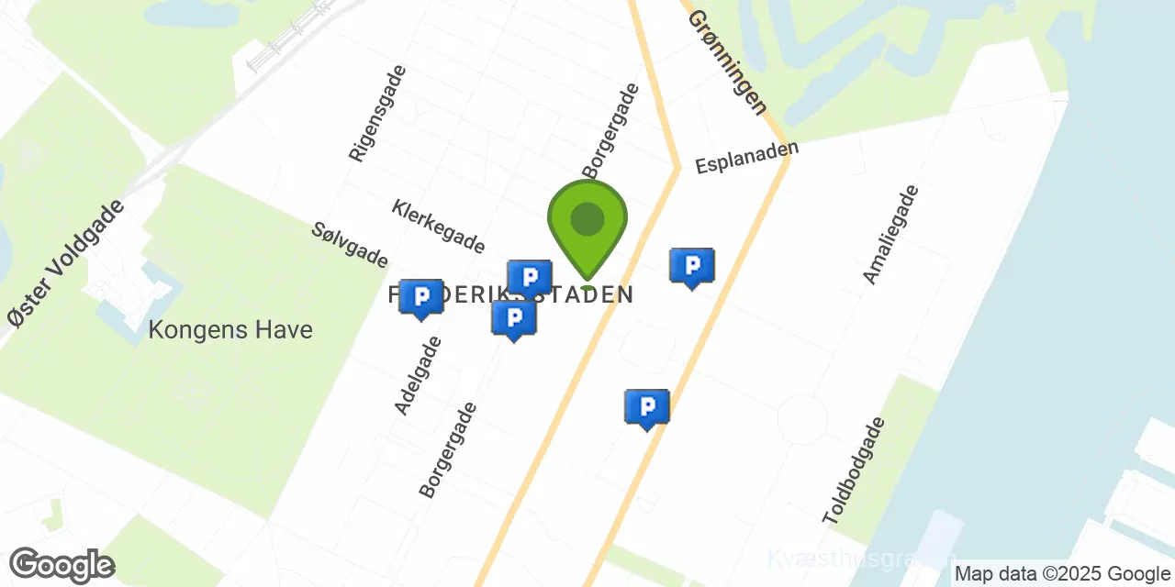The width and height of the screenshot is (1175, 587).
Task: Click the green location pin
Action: tap(587, 226)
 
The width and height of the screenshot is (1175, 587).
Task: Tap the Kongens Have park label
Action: tap(230, 329)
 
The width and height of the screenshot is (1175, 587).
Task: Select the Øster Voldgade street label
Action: tap(66, 263)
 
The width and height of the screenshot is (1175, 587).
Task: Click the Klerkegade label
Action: tap(438, 226)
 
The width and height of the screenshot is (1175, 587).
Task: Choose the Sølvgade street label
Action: tap(350, 245)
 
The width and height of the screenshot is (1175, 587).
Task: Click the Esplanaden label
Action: tap(746, 157)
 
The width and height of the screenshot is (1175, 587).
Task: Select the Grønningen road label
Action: tap(727, 62)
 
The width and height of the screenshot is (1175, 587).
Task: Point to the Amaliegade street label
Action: tap(890, 234)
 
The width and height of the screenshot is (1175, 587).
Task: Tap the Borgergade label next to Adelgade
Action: tap(448, 449)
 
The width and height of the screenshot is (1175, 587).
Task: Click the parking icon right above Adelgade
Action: tap(421, 298)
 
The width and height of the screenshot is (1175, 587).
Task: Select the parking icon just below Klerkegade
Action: tap(530, 278)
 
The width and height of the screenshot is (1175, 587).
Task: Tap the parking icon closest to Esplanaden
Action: tap(692, 268)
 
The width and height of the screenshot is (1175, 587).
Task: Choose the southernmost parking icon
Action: tap(647, 408)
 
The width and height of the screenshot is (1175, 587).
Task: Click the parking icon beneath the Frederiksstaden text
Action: tap(514, 319)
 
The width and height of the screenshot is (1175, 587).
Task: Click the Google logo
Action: tap(62, 565)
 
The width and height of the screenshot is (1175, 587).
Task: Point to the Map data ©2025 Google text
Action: tap(1061, 574)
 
